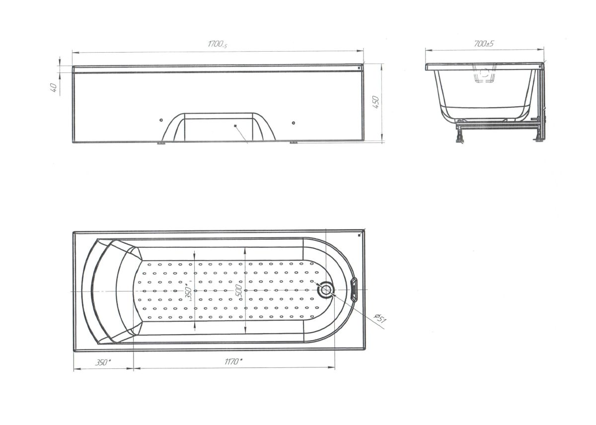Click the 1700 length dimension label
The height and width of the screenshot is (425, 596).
(218, 44)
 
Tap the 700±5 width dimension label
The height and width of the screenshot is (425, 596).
(484, 44)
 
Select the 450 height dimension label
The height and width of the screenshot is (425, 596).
(375, 102)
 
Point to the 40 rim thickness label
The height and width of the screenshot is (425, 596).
(54, 87)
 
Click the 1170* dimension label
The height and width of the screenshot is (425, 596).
(233, 361)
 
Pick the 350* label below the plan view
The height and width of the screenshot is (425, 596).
(103, 362)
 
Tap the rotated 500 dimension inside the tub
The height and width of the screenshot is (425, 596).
(239, 290)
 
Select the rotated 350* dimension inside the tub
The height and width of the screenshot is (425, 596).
(188, 292)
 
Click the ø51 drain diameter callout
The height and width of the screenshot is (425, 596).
(379, 318)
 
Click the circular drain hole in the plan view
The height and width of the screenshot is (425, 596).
(326, 289)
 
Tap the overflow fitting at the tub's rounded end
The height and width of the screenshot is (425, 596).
(354, 289)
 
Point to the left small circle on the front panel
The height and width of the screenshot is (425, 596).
(161, 120)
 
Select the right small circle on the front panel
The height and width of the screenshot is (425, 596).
(293, 123)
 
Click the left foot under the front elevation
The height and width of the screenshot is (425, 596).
(160, 143)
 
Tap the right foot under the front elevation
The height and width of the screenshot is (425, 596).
(294, 142)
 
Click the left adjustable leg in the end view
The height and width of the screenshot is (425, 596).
(460, 135)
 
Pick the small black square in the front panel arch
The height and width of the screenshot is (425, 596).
(235, 126)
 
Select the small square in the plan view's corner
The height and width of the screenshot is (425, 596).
(360, 235)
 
